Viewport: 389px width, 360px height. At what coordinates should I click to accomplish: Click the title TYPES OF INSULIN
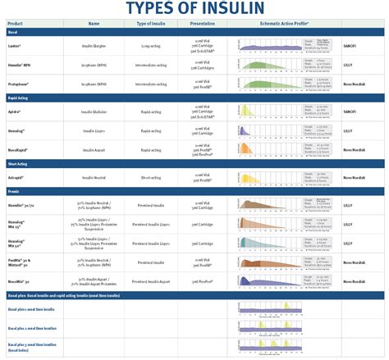point(194,9)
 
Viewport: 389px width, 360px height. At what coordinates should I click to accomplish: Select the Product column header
point(15,25)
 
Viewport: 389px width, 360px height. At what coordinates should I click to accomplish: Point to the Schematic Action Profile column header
point(282,25)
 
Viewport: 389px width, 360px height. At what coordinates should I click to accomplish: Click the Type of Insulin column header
point(153,25)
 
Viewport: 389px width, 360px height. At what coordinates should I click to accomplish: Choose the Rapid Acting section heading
point(19,98)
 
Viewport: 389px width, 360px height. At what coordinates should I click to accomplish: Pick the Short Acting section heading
point(19,165)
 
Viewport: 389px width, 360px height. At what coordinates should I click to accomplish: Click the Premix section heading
point(14,190)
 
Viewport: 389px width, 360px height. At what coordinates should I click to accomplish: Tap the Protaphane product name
point(19,83)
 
